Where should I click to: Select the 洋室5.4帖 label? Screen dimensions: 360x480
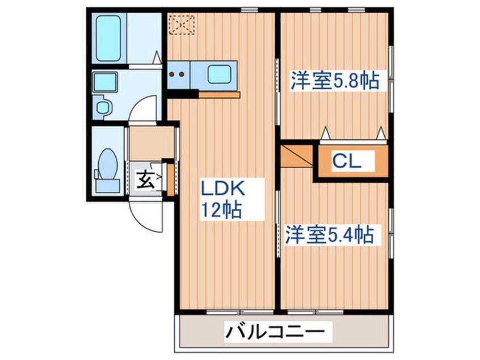(330, 234)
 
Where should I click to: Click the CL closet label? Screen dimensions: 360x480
(347, 161)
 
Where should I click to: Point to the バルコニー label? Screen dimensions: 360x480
(278, 331)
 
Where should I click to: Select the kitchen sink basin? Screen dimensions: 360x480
(218, 74)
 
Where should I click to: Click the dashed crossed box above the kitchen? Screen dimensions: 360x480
(182, 23)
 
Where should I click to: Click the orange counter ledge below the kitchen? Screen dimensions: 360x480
(220, 94)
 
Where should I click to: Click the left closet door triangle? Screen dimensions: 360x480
(327, 133)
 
